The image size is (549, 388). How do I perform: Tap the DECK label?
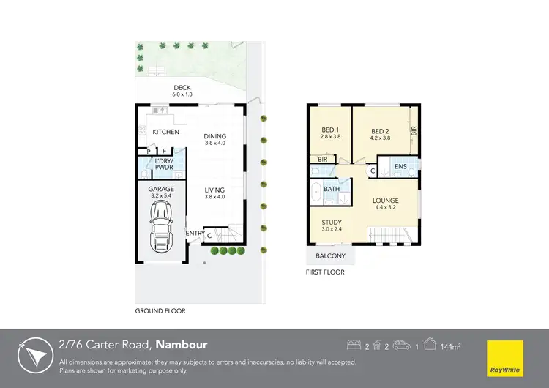(161, 88)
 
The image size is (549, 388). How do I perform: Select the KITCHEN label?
(166, 133)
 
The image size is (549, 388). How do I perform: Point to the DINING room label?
(214, 136)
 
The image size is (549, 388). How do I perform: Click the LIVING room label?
(214, 190)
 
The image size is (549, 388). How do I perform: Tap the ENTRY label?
(195, 234)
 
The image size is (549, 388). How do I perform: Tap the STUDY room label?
(332, 223)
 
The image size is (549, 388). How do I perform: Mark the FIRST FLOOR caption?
(325, 272)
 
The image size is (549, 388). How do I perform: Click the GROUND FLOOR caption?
(160, 311)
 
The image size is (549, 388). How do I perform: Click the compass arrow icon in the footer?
(34, 354)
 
